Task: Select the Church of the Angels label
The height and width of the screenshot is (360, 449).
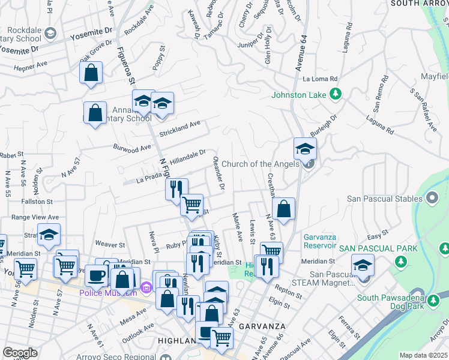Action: [x=260, y=164]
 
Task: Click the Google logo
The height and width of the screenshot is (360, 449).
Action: [x=20, y=353]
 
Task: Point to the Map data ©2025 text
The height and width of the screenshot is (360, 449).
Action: [x=423, y=355]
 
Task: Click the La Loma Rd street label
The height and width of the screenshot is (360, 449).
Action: [x=321, y=79]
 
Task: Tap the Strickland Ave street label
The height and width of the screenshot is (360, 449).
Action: [x=179, y=127]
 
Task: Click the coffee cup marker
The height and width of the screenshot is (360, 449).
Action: [x=97, y=275]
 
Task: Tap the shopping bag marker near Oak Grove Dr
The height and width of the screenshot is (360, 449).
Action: [x=91, y=73]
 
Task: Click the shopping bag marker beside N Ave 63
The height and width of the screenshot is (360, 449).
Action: [x=284, y=209]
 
